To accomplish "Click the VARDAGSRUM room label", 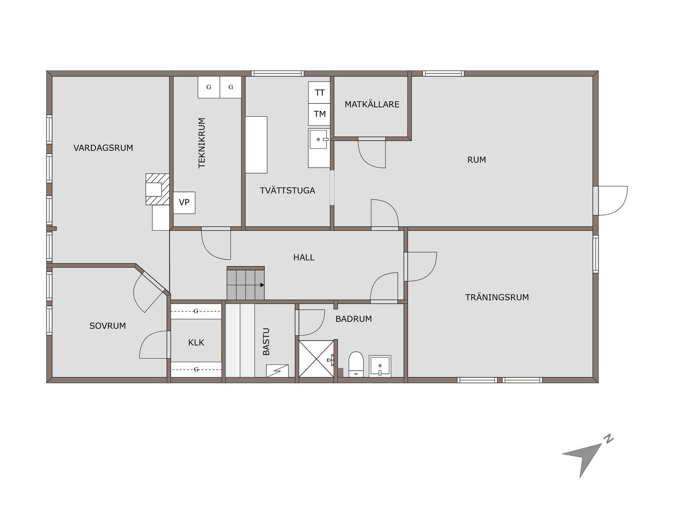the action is tap(103, 148).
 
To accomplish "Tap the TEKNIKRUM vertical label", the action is tap(202, 143).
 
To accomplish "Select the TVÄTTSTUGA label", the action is tap(288, 190).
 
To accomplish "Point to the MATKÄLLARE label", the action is tap(372, 104).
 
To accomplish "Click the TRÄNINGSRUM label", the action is tap(497, 297).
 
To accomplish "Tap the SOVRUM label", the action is tap(108, 326).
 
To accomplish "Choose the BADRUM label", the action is tap(353, 319).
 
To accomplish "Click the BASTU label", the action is tap(266, 342).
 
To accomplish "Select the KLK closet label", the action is tap(196, 343).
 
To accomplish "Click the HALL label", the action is tap(304, 257).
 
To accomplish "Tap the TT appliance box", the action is tap(319, 93).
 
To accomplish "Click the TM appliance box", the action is tap(319, 114).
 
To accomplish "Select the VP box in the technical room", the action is tap(184, 203).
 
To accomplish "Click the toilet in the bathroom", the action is tap(356, 364).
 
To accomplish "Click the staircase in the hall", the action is tap(245, 283).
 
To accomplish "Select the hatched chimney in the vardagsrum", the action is tap(157, 189).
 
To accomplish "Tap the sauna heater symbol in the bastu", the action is tap(277, 371).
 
